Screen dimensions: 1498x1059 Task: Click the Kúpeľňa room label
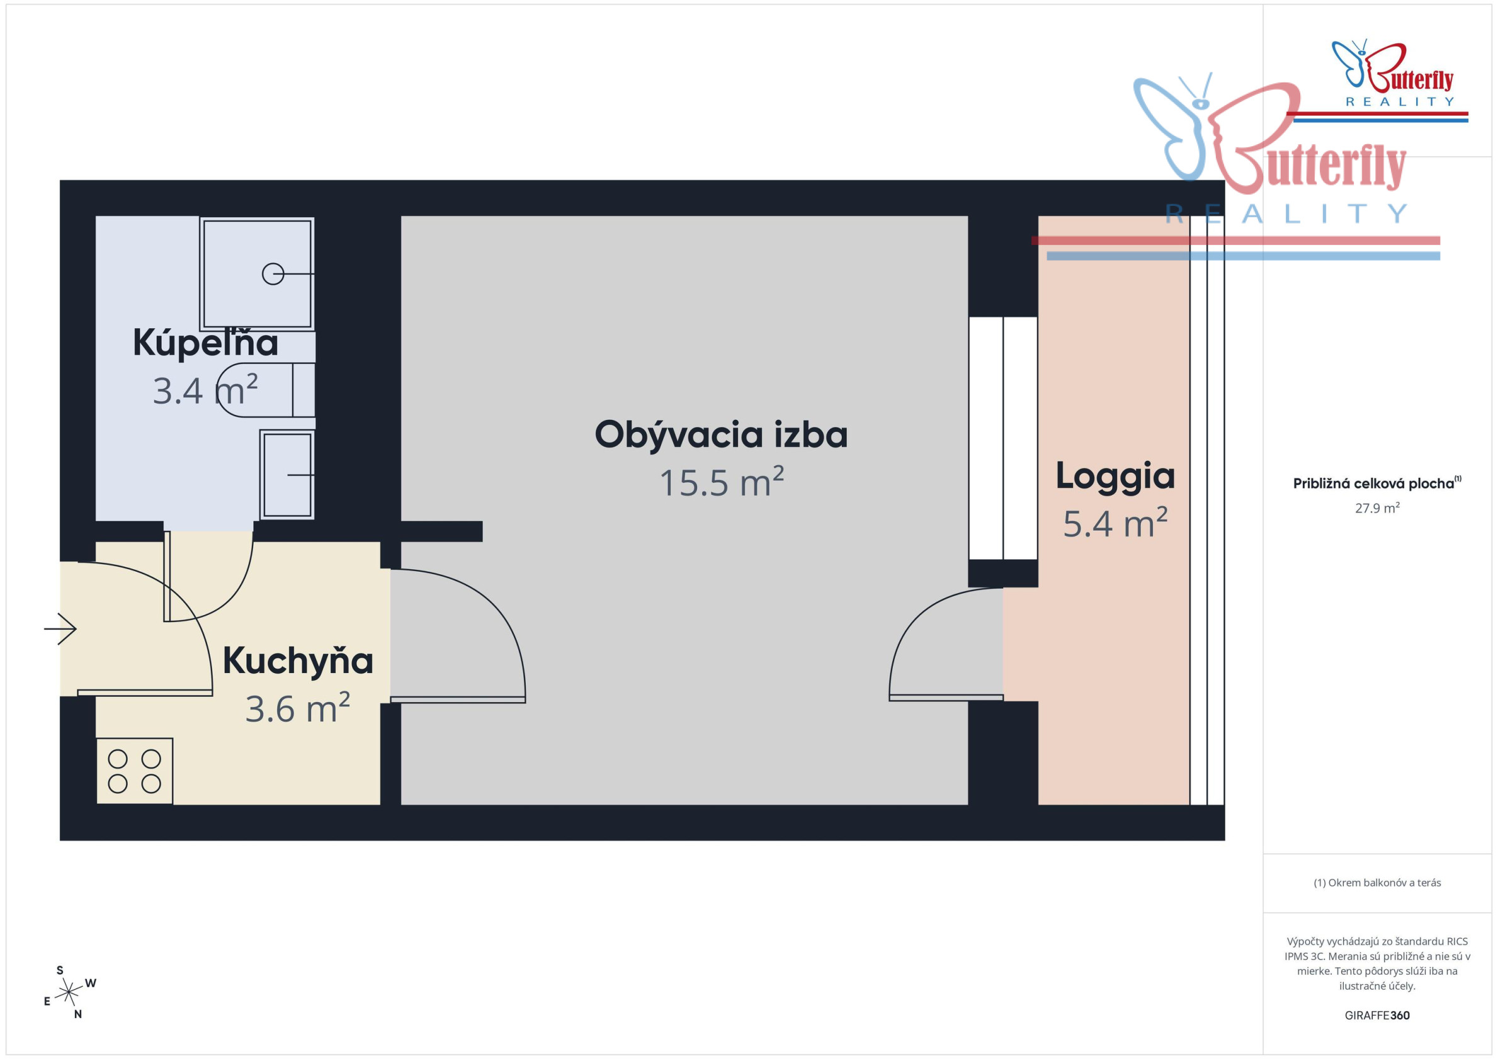(x=205, y=343)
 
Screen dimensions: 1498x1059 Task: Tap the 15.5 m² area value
(x=721, y=482)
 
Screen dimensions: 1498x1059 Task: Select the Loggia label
(x=1115, y=476)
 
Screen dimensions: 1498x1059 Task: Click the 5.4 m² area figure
(x=1115, y=523)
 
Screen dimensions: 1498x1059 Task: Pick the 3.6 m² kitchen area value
(x=297, y=708)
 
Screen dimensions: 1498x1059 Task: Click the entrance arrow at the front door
(x=60, y=629)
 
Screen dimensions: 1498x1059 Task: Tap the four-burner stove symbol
(x=134, y=771)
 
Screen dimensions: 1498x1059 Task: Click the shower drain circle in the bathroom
(x=273, y=274)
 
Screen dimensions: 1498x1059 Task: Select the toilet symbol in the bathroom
(x=265, y=390)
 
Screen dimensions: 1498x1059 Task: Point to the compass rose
(x=68, y=993)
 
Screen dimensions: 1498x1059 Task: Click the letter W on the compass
(x=91, y=983)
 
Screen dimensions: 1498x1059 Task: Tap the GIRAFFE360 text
(x=1376, y=1016)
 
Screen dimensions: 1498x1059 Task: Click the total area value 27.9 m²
(x=1376, y=507)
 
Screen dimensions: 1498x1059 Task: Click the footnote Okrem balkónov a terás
(x=1376, y=883)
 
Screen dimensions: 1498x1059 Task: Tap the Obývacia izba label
(x=721, y=434)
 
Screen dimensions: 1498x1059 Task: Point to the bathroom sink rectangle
(x=287, y=475)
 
